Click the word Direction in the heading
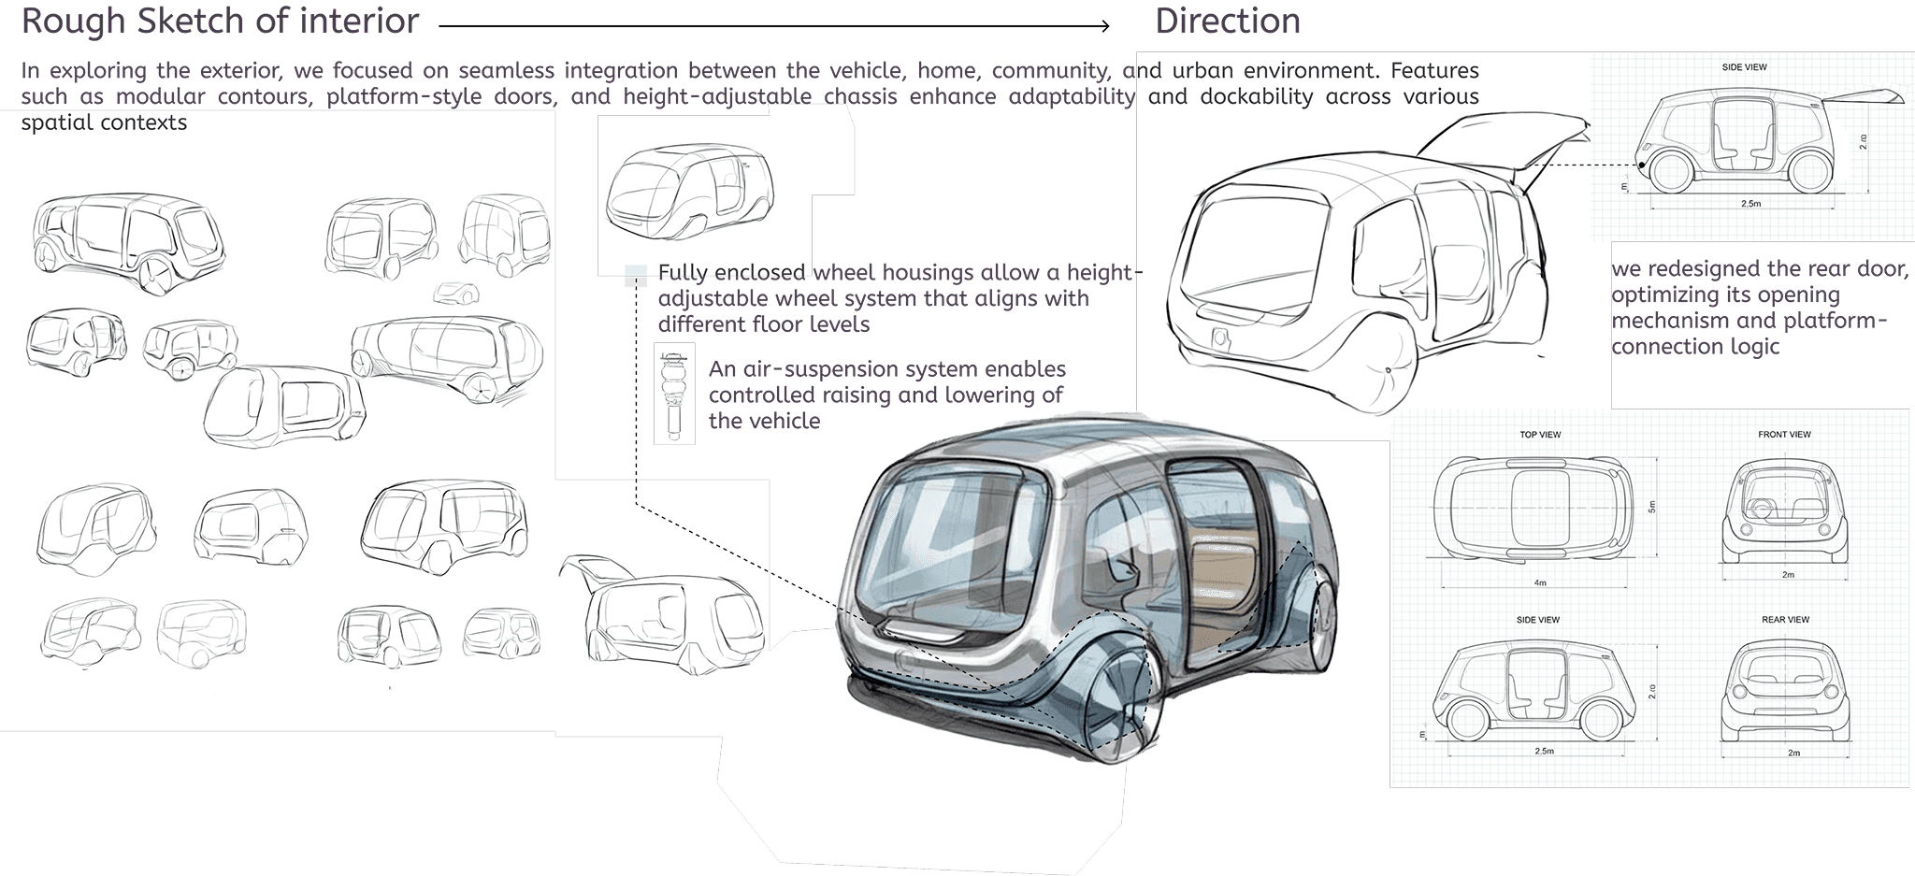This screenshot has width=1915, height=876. (1227, 21)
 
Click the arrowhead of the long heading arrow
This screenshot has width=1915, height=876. (1104, 26)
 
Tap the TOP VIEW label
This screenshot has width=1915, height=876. (1540, 435)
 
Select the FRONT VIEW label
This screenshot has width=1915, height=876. (1784, 435)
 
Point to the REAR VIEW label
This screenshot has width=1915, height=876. (1785, 620)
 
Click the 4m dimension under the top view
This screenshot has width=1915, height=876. (1539, 582)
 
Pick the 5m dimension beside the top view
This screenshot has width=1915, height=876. (1651, 507)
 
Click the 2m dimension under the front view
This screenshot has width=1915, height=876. (1788, 575)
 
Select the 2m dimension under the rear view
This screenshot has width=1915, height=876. (1793, 753)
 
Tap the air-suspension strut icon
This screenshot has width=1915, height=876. (673, 393)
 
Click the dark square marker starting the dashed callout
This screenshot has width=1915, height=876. (636, 280)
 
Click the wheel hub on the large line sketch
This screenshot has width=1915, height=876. (1388, 370)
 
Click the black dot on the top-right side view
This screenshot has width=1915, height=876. (1642, 166)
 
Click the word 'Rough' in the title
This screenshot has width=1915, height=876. (74, 21)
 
